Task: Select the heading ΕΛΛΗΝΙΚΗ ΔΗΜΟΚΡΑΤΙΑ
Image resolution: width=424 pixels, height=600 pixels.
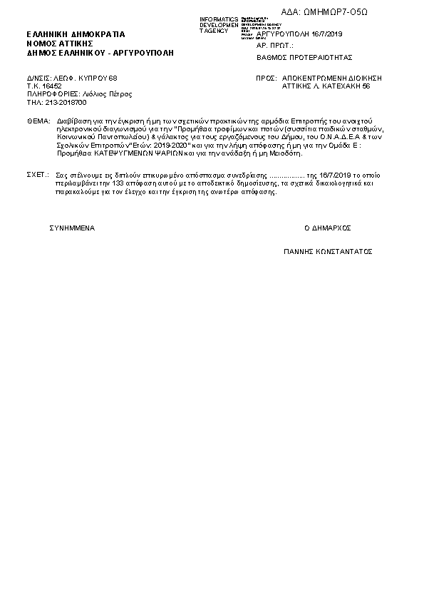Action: pyautogui.click(x=76, y=34)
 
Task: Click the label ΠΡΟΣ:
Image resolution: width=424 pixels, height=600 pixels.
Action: pyautogui.click(x=266, y=76)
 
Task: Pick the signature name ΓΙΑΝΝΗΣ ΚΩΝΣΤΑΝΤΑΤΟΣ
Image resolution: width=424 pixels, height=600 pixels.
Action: pyautogui.click(x=328, y=252)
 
